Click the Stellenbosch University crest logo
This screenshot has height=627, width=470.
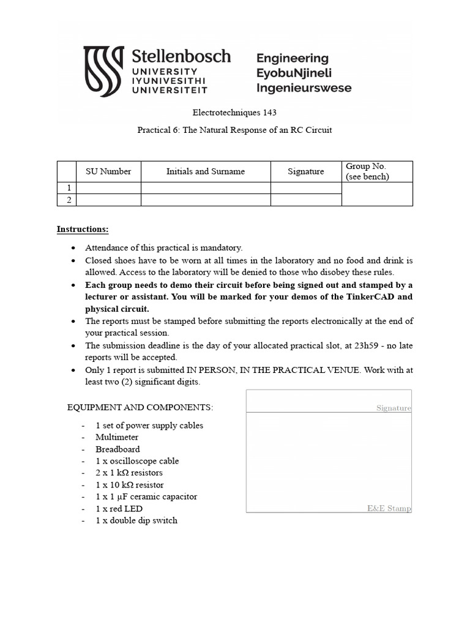click(103, 69)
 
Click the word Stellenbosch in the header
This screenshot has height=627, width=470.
click(182, 57)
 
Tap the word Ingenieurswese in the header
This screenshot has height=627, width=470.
click(304, 88)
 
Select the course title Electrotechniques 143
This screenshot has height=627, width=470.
click(235, 113)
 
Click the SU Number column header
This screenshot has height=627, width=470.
click(108, 171)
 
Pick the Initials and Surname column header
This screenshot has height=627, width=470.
click(206, 171)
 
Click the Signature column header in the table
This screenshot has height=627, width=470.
click(306, 171)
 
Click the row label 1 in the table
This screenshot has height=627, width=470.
click(69, 188)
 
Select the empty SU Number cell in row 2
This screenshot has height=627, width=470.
click(108, 200)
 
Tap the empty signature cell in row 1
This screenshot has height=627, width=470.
click(306, 188)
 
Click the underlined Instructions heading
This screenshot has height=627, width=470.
click(83, 229)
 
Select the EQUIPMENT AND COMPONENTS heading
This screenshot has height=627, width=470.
click(140, 408)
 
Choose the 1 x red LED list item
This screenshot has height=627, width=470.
click(119, 508)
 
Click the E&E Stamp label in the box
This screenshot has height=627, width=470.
click(389, 508)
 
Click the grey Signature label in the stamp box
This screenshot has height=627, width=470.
click(394, 408)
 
